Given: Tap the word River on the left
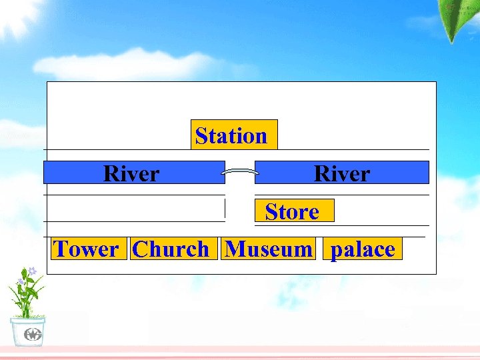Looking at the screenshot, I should pyautogui.click(x=131, y=173).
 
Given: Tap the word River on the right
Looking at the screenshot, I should pyautogui.click(x=341, y=173).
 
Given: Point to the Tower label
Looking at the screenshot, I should pyautogui.click(x=87, y=249).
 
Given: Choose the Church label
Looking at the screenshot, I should pyautogui.click(x=172, y=249).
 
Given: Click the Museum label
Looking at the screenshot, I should pyautogui.click(x=269, y=249).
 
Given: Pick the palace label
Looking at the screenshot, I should pyautogui.click(x=363, y=249).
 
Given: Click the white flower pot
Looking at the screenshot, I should pyautogui.click(x=27, y=331).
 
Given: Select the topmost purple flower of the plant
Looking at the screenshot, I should pyautogui.click(x=31, y=271).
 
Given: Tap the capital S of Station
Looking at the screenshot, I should pyautogui.click(x=201, y=136).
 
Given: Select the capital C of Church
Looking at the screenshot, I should pyautogui.click(x=141, y=249).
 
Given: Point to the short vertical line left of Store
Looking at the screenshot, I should pyautogui.click(x=225, y=208).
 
